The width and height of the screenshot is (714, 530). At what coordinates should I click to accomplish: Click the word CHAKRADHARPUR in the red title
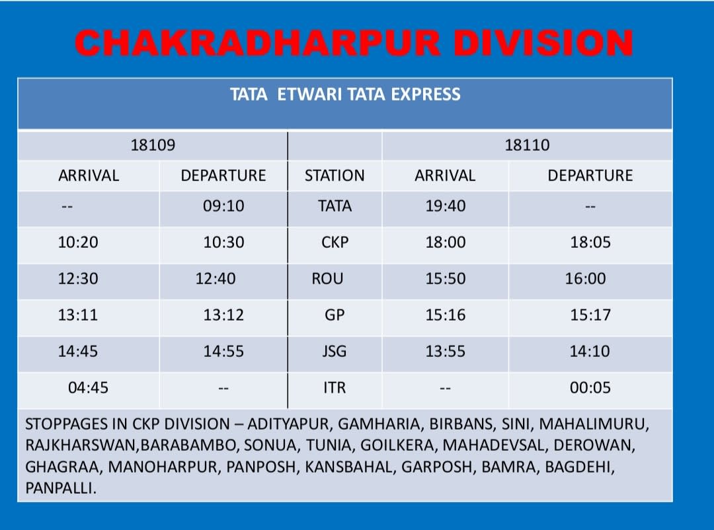pyautogui.click(x=258, y=43)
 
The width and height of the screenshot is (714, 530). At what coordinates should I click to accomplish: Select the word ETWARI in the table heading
pyautogui.click(x=309, y=95)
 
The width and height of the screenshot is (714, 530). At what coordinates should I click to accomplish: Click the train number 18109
pyautogui.click(x=153, y=145)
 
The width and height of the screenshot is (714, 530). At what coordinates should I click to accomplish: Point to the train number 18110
pyautogui.click(x=527, y=145)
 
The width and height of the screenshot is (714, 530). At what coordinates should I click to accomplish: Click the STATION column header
pyautogui.click(x=335, y=175)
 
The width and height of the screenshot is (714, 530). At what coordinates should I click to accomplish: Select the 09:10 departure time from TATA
pyautogui.click(x=223, y=206)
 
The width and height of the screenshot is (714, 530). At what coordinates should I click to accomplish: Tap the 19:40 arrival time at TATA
pyautogui.click(x=446, y=206)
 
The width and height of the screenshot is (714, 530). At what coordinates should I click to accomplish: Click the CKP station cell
pyautogui.click(x=335, y=242)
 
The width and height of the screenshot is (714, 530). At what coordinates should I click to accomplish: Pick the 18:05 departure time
pyautogui.click(x=590, y=242)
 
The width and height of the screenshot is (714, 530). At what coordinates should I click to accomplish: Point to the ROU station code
pyautogui.click(x=327, y=278)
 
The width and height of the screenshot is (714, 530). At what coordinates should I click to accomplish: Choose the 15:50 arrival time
pyautogui.click(x=446, y=278)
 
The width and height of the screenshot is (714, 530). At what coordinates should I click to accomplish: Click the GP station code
pyautogui.click(x=335, y=315)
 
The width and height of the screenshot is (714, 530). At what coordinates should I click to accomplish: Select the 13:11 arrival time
pyautogui.click(x=78, y=315)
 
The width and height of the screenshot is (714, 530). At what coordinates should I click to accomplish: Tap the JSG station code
pyautogui.click(x=335, y=351)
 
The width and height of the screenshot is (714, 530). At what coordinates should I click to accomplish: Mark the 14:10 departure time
pyautogui.click(x=590, y=351)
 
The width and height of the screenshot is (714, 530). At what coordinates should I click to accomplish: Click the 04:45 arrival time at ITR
pyautogui.click(x=89, y=387)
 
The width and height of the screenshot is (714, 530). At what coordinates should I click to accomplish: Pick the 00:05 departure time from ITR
pyautogui.click(x=590, y=387)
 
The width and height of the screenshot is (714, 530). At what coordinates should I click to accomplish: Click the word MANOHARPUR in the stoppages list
pyautogui.click(x=163, y=467)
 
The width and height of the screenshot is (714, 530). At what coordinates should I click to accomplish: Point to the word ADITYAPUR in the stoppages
pyautogui.click(x=288, y=424)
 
